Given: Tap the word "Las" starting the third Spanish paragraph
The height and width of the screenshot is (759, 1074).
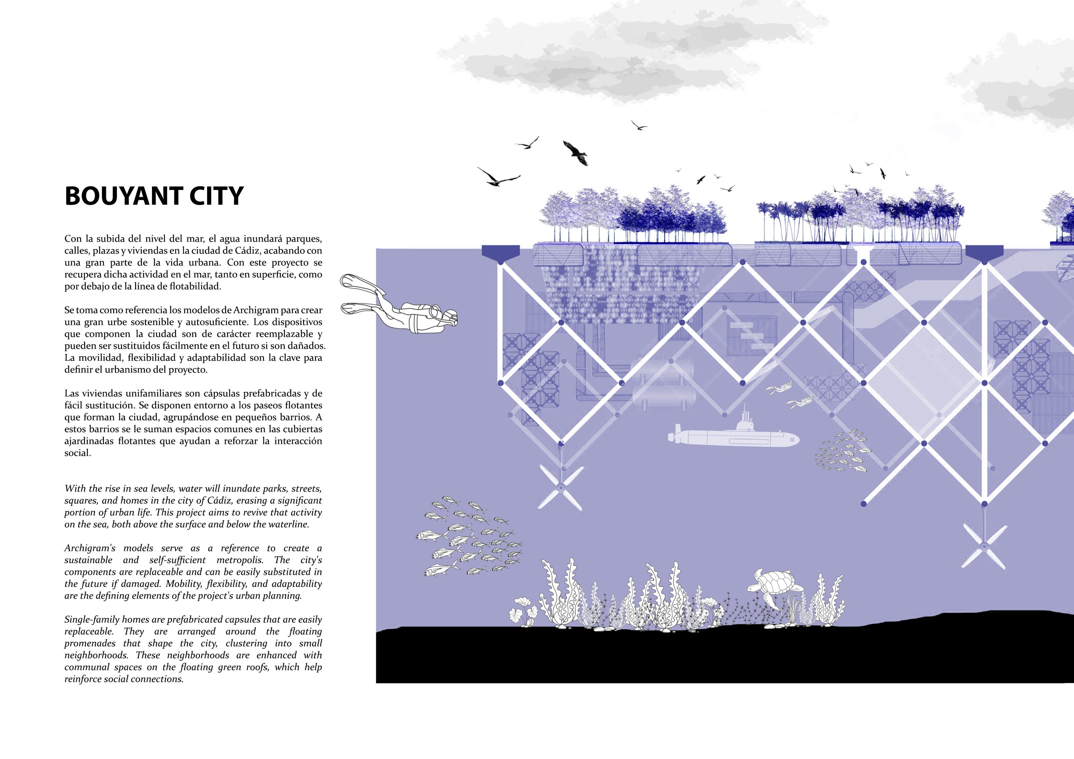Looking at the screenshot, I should pos(72,393).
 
